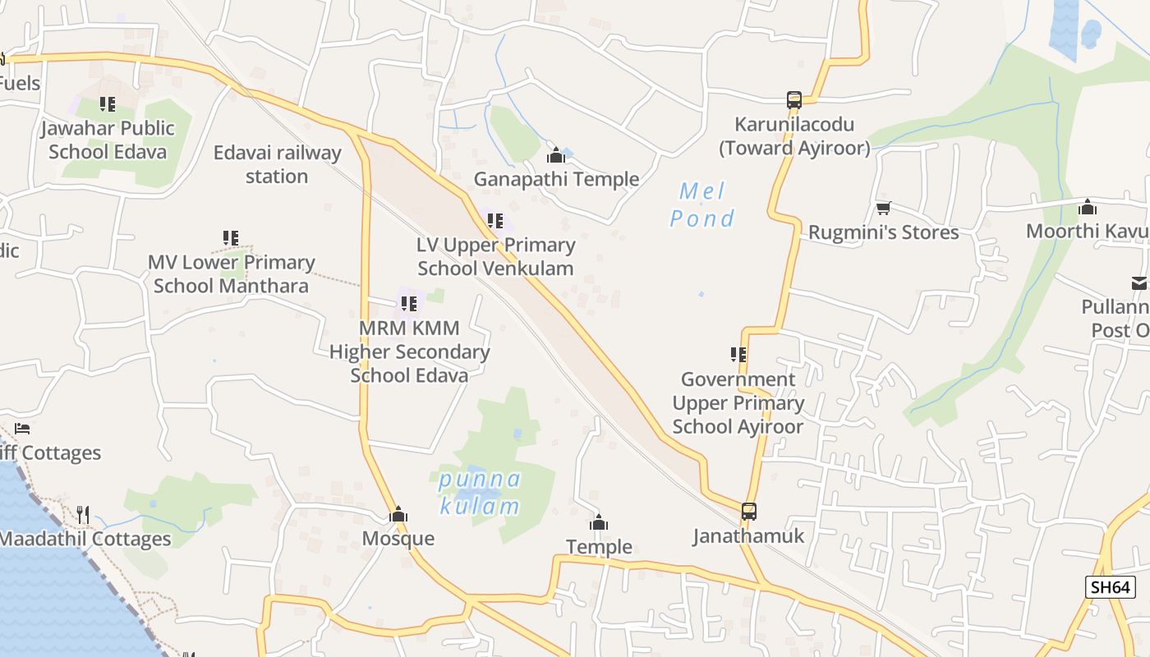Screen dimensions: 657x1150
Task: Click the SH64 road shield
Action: pos(1110,586)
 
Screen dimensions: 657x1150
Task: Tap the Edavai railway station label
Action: pos(277,164)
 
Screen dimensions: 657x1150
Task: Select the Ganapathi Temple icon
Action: pos(556,154)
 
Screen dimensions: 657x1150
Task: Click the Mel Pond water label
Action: pos(702,205)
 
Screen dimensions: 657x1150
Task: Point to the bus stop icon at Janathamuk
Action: pos(748,512)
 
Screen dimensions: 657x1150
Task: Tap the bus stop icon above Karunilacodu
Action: pos(793,100)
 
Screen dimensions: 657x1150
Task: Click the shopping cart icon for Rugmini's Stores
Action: pos(883,208)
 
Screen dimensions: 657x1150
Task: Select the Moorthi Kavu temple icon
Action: pos(1088,206)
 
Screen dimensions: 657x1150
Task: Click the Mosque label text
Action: pos(398,539)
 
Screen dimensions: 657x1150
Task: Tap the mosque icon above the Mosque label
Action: pos(398,515)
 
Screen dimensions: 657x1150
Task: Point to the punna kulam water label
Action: pos(480,492)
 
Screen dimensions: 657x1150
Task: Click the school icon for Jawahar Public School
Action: pos(108,104)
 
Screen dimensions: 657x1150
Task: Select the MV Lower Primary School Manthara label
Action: pos(231,274)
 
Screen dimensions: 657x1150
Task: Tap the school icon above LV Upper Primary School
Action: pos(495,221)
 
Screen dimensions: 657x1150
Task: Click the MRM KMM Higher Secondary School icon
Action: pos(409,304)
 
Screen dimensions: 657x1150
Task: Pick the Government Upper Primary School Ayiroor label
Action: pos(738,402)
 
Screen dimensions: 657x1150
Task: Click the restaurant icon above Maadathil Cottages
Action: pos(82,515)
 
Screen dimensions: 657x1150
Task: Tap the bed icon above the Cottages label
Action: pos(22,429)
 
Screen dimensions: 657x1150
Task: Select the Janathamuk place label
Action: pos(748,536)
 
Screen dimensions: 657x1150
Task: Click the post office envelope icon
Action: pos(1138,283)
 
